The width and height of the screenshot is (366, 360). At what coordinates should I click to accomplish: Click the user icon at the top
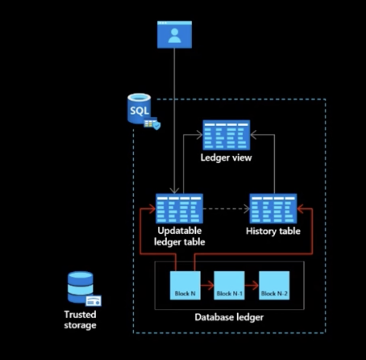tap(175, 34)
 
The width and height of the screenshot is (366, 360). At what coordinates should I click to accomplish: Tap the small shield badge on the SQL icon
tap(156, 125)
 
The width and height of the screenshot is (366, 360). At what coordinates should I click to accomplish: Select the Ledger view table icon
tap(226, 135)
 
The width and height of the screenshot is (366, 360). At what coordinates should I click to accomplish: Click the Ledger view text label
tap(226, 157)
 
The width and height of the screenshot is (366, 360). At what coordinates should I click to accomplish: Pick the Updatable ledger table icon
tap(179, 209)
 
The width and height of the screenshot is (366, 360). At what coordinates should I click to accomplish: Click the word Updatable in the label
tap(179, 231)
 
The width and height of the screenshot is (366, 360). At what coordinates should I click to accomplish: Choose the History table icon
tap(273, 209)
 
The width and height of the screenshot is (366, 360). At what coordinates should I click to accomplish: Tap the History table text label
tap(273, 231)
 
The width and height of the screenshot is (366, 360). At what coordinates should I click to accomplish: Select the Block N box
tap(185, 285)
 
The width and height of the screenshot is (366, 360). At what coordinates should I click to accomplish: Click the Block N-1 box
tap(229, 285)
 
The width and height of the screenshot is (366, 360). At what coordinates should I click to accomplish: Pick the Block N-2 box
tap(274, 285)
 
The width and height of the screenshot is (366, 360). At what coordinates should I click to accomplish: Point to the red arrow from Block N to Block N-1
tap(207, 286)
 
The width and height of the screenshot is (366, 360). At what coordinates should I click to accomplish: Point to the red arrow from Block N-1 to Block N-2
tap(252, 286)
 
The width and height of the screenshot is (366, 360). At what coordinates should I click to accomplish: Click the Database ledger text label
tap(229, 317)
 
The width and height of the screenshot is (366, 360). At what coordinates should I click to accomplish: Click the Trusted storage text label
tap(80, 320)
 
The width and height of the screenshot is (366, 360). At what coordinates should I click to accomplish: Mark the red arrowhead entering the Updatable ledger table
tap(152, 209)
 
